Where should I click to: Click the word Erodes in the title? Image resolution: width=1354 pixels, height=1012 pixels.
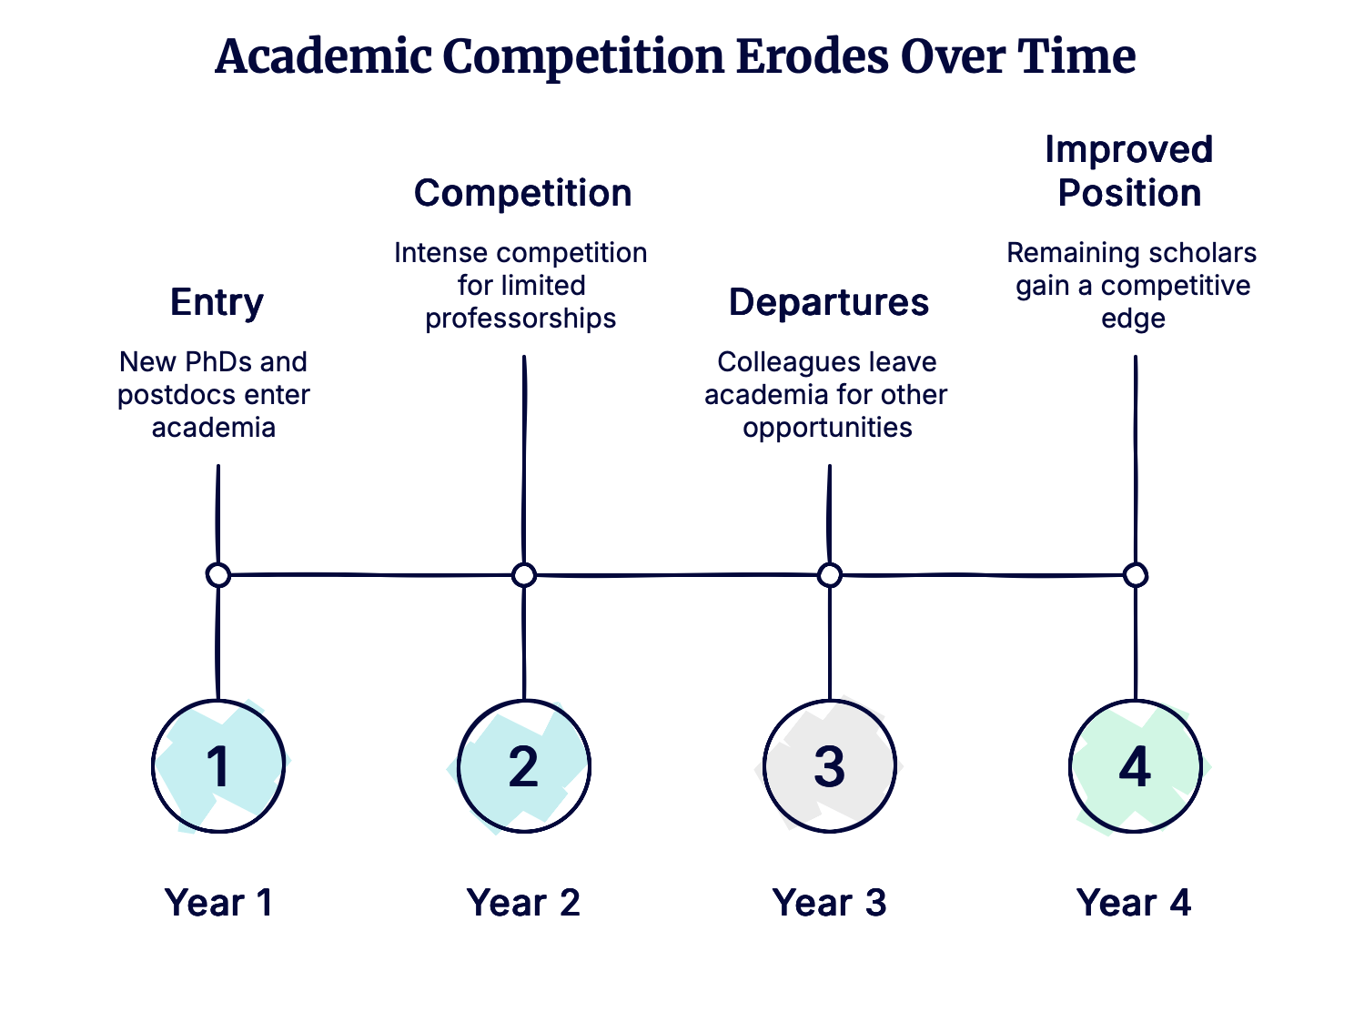[812, 57]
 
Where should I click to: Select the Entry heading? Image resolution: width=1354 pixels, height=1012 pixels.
[217, 302]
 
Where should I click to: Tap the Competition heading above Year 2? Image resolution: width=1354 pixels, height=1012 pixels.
[523, 193]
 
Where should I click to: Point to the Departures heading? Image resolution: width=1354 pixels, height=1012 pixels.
[829, 302]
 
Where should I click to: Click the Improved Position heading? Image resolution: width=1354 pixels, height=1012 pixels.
[1129, 171]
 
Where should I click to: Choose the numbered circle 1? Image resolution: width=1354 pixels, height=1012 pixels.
[218, 766]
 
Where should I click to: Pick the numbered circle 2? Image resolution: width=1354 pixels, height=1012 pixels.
[523, 766]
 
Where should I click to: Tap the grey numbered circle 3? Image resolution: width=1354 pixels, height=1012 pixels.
[829, 766]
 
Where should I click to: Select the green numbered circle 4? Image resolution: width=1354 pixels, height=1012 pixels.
[1135, 766]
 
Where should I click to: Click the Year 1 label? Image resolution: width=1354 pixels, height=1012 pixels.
[218, 903]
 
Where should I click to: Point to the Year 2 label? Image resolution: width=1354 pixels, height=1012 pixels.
[523, 903]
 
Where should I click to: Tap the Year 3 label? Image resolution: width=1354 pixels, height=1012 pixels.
[829, 903]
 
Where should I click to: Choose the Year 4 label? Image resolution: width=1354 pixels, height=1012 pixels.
[1134, 903]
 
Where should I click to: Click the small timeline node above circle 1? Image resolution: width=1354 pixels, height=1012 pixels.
[218, 575]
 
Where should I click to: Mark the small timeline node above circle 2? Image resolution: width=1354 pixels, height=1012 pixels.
[523, 575]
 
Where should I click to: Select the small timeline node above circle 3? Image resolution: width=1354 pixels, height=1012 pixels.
[829, 575]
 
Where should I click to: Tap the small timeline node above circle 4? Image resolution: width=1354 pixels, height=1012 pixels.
[1135, 575]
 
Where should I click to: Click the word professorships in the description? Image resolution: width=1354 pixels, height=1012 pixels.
[520, 319]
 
